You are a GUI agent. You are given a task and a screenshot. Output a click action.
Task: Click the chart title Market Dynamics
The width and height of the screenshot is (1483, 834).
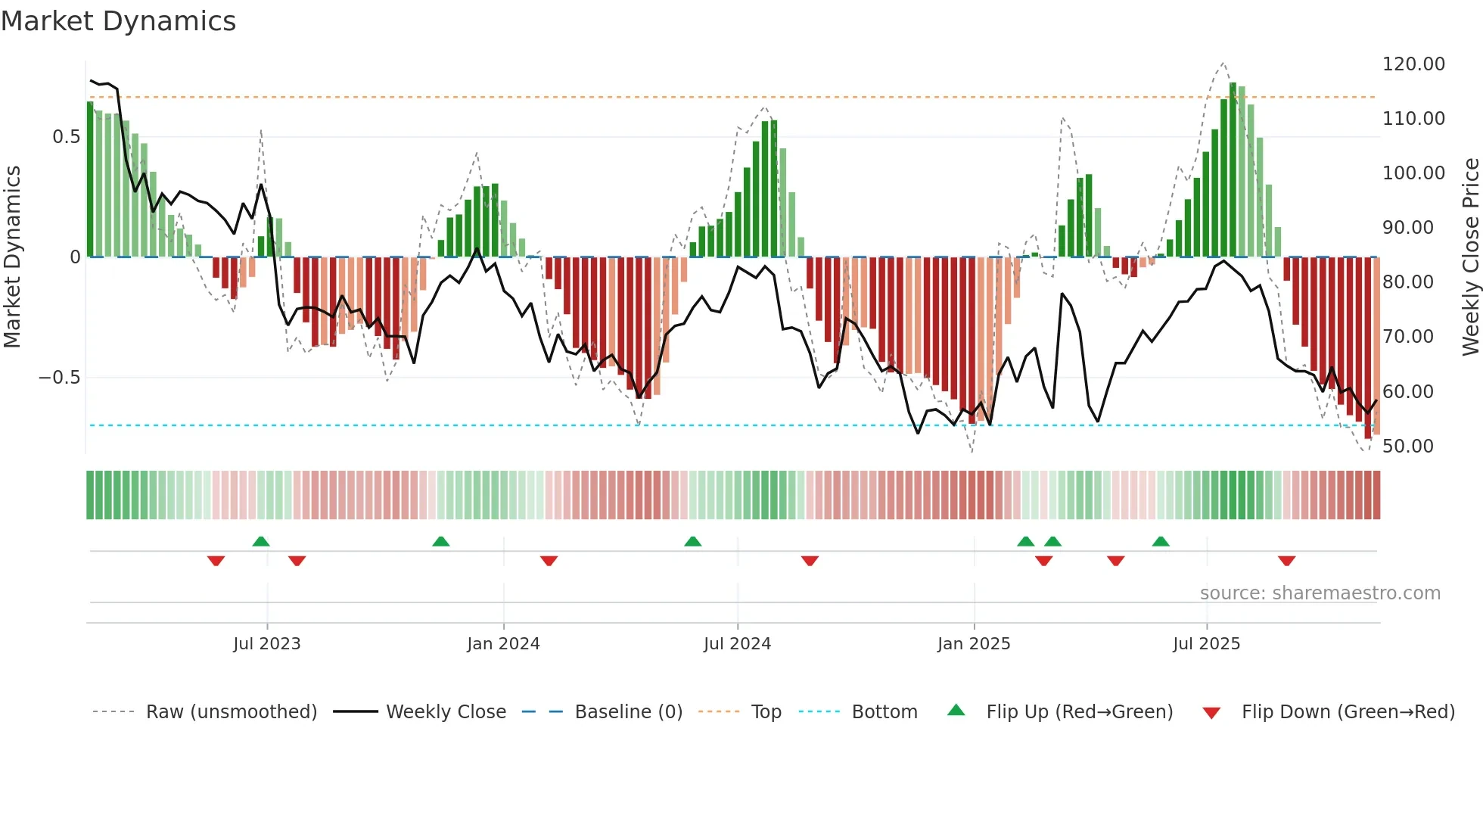click(118, 21)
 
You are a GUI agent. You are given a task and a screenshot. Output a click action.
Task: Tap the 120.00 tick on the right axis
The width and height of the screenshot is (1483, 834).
click(1413, 64)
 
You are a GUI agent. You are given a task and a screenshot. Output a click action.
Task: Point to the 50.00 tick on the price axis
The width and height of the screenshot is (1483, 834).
click(1407, 447)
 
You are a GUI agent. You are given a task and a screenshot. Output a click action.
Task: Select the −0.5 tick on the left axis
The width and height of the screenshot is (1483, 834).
click(59, 378)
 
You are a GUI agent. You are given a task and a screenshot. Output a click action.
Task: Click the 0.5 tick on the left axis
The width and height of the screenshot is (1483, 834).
click(66, 137)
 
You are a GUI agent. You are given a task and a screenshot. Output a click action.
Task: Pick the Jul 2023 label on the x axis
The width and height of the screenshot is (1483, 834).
click(266, 644)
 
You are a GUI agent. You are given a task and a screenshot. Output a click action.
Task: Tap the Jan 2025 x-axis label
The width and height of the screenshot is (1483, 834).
click(973, 644)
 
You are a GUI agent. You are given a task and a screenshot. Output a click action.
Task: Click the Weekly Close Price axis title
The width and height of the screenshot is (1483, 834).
click(1470, 257)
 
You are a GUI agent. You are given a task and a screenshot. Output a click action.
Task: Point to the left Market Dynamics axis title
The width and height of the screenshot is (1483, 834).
click(12, 257)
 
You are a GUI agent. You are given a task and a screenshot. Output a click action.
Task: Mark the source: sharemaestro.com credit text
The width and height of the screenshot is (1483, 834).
click(1320, 593)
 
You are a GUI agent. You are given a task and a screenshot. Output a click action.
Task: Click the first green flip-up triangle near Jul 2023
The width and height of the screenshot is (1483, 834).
click(261, 541)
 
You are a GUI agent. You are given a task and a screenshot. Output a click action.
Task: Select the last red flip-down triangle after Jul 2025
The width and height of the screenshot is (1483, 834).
click(1286, 561)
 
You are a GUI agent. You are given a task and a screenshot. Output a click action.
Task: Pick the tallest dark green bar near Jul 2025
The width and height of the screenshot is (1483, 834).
click(1233, 170)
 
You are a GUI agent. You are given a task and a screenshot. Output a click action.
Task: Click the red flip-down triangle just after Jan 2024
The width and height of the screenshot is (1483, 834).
click(549, 561)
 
